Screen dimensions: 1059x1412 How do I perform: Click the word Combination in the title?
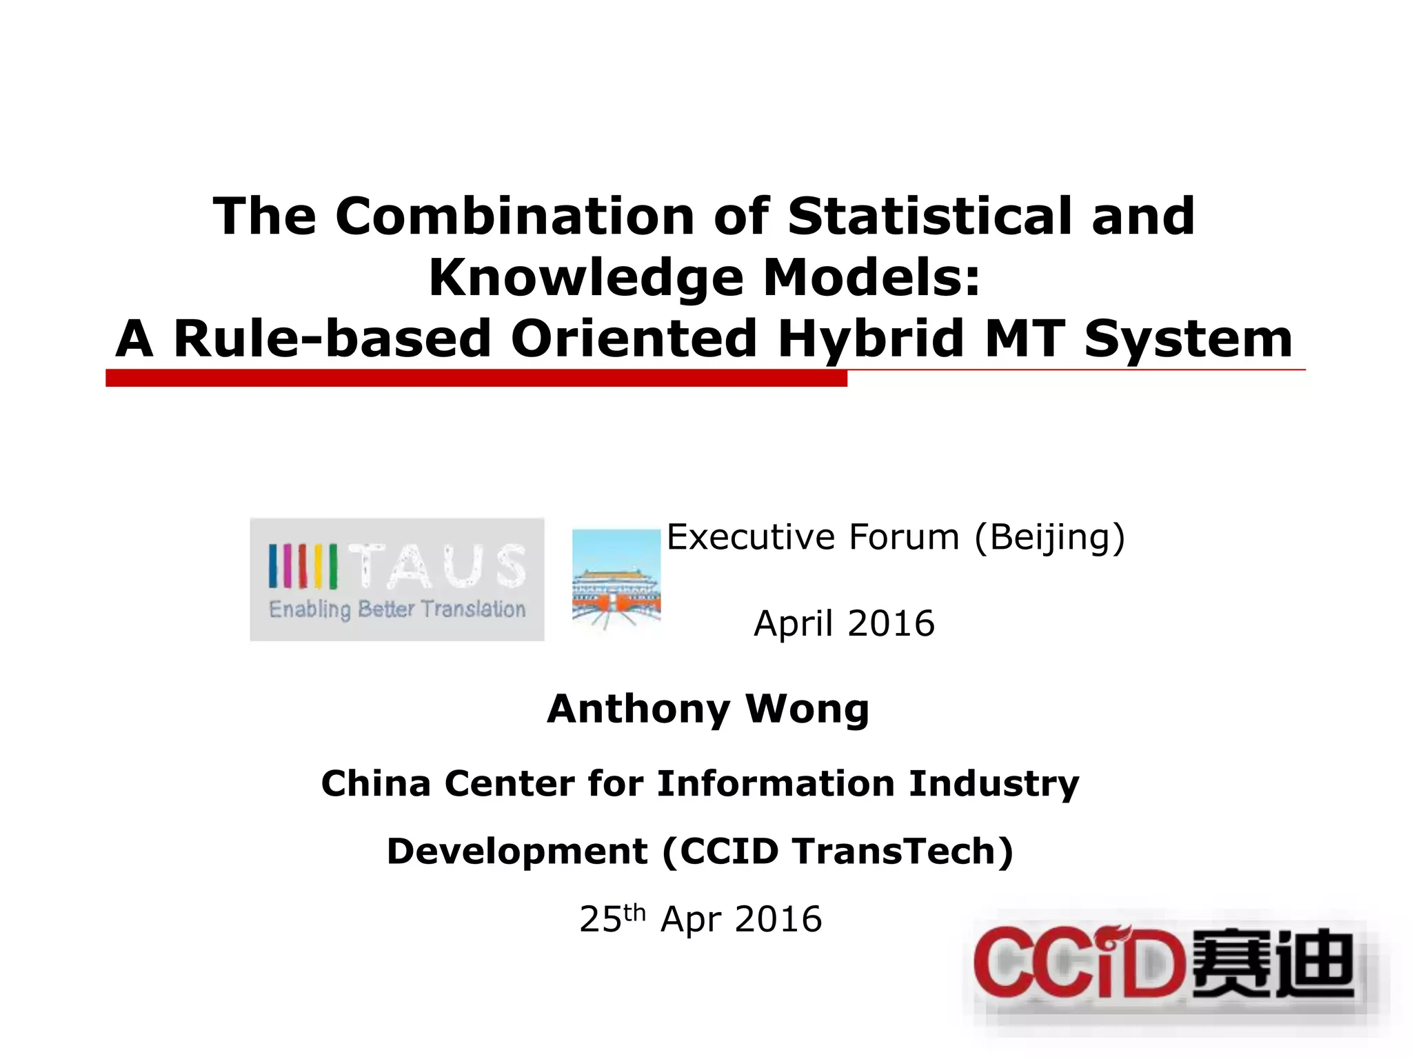coord(514,216)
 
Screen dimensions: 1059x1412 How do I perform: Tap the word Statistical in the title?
coord(929,216)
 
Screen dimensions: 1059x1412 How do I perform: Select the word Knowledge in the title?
coord(586,278)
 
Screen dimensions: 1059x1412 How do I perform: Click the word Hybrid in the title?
coord(871,339)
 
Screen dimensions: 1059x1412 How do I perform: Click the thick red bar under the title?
coord(476,378)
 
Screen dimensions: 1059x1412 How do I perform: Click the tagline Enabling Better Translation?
coord(397,609)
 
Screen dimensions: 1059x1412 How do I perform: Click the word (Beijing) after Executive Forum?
coord(1049,538)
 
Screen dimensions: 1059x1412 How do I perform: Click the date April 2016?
coord(844,623)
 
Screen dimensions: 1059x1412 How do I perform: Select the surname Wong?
coord(807,709)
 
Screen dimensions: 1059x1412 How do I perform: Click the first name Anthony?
coord(638,709)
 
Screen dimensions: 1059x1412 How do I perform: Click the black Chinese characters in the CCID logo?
coord(1272,963)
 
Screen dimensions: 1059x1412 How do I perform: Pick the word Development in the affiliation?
coord(517,851)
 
